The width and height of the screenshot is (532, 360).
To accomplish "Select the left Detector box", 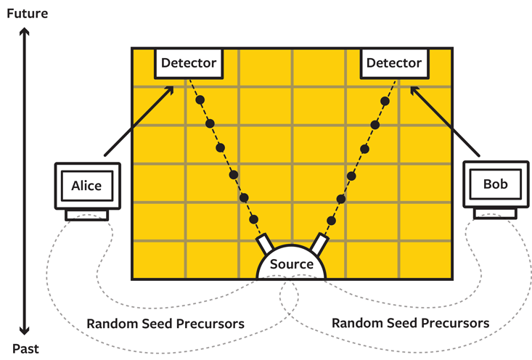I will (x=189, y=63).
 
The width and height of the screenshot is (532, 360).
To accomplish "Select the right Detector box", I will (x=393, y=63).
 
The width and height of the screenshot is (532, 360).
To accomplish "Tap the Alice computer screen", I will (x=87, y=186).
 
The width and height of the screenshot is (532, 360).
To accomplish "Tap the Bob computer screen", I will (x=495, y=184).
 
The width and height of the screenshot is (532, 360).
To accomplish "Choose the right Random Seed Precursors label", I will (x=411, y=323).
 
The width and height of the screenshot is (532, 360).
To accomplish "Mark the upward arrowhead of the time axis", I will (x=25, y=33).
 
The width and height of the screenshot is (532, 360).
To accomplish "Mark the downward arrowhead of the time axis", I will (x=25, y=330).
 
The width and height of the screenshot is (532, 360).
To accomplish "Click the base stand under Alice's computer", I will (x=87, y=215).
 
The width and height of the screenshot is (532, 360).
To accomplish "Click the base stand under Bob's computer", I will (x=495, y=213).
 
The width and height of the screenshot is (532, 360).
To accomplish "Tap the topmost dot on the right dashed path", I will (x=385, y=99).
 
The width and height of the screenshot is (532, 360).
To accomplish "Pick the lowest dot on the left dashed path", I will (x=254, y=220).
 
